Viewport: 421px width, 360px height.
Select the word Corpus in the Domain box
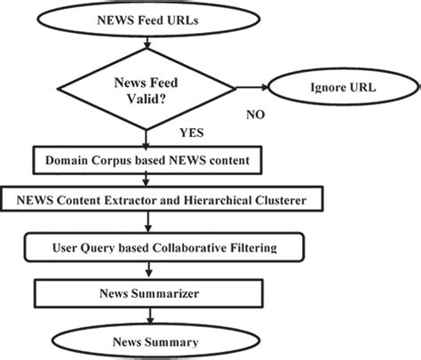pos(109,162)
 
